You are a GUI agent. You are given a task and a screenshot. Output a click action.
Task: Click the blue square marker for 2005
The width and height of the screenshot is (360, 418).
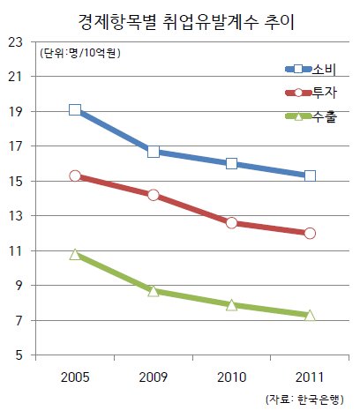pyautogui.click(x=75, y=110)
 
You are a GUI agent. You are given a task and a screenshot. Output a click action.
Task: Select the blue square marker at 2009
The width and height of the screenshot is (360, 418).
pyautogui.click(x=154, y=152)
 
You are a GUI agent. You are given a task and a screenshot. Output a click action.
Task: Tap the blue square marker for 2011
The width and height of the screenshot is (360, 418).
pyautogui.click(x=310, y=176)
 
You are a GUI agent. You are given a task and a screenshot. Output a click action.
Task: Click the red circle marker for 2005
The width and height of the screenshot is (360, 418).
pyautogui.click(x=75, y=175)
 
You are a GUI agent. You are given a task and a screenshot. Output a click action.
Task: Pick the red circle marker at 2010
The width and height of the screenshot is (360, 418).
pyautogui.click(x=232, y=223)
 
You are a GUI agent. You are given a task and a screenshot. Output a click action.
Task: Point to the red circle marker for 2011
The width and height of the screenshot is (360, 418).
pyautogui.click(x=310, y=234)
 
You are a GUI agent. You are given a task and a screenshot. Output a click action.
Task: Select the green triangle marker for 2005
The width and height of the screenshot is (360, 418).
pyautogui.click(x=75, y=255)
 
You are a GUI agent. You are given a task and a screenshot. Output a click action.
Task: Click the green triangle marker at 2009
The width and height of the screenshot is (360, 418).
pyautogui.click(x=154, y=291)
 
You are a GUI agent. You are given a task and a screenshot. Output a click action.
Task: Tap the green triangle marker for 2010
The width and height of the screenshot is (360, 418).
pyautogui.click(x=232, y=305)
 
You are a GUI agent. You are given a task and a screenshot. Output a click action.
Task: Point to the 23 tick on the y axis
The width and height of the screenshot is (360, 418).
pyautogui.click(x=15, y=42)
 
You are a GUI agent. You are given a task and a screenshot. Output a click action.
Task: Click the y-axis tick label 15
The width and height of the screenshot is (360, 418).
pyautogui.click(x=15, y=181)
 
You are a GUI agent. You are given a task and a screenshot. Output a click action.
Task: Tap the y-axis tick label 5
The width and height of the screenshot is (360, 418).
pyautogui.click(x=19, y=355)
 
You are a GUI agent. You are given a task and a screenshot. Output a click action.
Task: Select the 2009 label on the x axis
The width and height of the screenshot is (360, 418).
pyautogui.click(x=154, y=377)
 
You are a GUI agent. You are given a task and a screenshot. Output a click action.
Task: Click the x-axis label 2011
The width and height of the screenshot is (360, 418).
pyautogui.click(x=310, y=377)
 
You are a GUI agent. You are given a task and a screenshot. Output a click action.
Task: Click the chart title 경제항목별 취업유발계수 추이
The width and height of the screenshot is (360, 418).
pyautogui.click(x=186, y=22)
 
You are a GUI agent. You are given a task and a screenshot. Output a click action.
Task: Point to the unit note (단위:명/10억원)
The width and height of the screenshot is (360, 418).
pyautogui.click(x=80, y=53)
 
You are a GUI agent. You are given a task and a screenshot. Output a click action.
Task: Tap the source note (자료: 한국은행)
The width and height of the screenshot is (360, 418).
pyautogui.click(x=304, y=399)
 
